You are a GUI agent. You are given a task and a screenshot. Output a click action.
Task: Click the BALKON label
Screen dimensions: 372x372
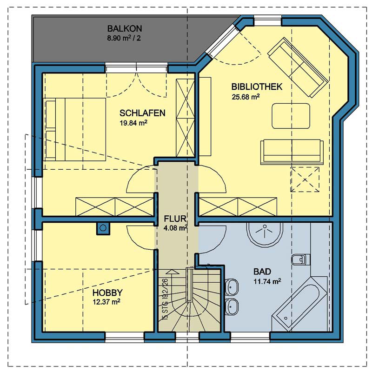125,28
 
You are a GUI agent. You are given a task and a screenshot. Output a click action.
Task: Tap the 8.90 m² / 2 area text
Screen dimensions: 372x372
124,38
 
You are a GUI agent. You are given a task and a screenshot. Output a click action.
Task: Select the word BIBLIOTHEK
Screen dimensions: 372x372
257,86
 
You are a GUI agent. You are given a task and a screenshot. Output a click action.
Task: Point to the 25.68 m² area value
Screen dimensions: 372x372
246,97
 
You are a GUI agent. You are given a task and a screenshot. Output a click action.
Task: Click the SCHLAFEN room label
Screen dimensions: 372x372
142,113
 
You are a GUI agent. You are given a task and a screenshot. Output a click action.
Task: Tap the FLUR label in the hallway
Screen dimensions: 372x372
175,219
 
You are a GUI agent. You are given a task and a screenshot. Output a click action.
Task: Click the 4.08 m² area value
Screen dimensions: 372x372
176,228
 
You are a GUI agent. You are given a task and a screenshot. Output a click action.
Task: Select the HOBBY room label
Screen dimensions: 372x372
107,292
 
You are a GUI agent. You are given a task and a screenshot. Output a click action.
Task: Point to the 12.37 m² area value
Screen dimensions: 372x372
106,302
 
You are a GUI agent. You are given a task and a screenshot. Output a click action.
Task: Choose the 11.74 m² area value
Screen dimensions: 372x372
267,281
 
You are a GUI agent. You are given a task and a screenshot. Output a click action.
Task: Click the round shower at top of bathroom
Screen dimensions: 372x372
265,234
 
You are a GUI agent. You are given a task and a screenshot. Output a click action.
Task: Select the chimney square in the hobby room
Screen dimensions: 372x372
103,228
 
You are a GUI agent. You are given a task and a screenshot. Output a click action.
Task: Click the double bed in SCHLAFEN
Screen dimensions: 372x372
74,130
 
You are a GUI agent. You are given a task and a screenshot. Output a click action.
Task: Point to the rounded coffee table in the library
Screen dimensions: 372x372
291,116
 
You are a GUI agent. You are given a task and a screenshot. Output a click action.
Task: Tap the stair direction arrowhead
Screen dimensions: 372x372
173,272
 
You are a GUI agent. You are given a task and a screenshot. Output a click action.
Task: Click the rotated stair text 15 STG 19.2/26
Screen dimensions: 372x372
166,299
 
